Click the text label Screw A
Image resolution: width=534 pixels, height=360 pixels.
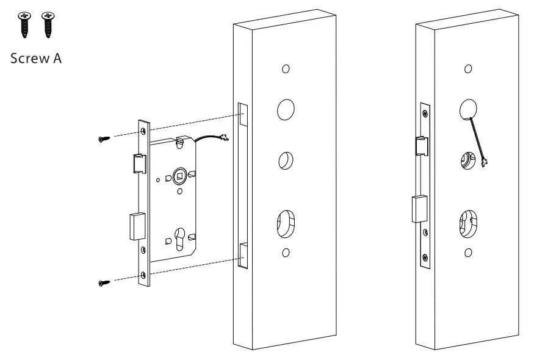pyautogui.click(x=35, y=59)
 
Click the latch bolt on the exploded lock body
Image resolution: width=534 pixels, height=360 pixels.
pyautogui.click(x=139, y=163)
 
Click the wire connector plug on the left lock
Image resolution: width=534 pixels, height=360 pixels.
pyautogui.click(x=224, y=140)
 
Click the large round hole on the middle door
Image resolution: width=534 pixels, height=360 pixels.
pyautogui.click(x=285, y=110)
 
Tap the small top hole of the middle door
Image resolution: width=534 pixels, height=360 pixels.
pyautogui.click(x=285, y=69)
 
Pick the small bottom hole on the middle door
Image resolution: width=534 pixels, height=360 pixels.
pyautogui.click(x=285, y=253)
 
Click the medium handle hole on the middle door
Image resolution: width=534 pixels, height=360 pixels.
pyautogui.click(x=284, y=160)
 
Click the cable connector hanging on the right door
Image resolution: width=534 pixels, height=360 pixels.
pyautogui.click(x=486, y=162)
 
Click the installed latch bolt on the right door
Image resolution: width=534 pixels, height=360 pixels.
pyautogui.click(x=420, y=145)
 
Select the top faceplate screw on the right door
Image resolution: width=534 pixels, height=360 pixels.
pyautogui.click(x=425, y=112)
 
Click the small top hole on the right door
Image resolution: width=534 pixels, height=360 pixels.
pyautogui.click(x=467, y=68)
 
